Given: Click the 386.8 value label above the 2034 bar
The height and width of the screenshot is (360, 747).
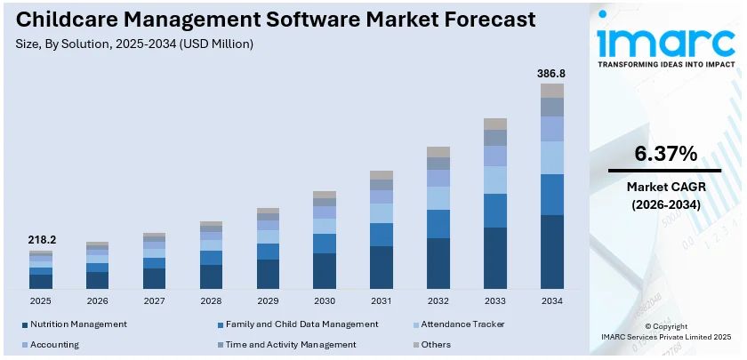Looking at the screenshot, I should (551, 73).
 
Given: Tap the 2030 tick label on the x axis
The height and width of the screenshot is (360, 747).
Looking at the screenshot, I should (325, 301).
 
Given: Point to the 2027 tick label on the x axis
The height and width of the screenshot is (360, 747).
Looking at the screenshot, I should (154, 301).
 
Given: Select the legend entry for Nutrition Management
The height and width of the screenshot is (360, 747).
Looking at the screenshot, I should (77, 324).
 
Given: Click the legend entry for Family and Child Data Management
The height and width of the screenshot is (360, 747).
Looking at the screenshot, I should (301, 324).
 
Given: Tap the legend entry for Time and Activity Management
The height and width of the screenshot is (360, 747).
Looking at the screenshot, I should (290, 344).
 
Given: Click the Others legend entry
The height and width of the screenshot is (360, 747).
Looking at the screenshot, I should (436, 344).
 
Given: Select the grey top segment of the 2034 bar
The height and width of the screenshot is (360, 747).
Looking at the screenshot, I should (552, 90).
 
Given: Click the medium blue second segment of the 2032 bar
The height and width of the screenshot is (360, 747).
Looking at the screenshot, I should (438, 224).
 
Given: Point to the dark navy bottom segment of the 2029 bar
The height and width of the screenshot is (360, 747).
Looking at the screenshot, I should (268, 274).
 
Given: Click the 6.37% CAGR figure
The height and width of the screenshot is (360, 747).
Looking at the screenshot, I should (665, 154).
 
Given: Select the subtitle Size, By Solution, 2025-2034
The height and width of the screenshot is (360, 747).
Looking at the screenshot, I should (133, 44).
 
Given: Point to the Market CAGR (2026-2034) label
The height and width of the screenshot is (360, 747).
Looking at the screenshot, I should (665, 196).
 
